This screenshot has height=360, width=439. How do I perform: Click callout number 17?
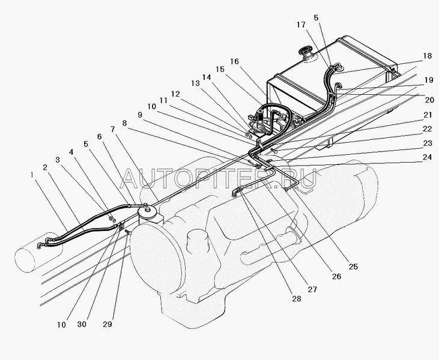click(x=301, y=25)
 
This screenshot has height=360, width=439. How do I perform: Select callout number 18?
click(x=427, y=56)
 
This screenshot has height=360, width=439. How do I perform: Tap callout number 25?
click(x=353, y=266)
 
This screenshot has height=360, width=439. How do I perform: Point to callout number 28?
click(x=296, y=299)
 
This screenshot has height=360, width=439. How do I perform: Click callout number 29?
click(x=107, y=324)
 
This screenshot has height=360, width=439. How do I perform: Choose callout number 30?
click(x=82, y=324)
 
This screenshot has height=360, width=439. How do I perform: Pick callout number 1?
click(x=32, y=175)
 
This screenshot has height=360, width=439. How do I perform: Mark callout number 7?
click(x=112, y=129)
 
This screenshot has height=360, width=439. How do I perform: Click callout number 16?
click(x=234, y=61)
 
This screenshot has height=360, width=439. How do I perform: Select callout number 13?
click(x=195, y=83)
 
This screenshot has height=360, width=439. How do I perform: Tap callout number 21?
click(x=428, y=115)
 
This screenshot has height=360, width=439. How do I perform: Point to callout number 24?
click(x=427, y=157)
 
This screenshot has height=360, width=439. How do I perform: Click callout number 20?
click(x=429, y=100)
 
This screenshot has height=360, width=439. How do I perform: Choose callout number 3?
click(x=58, y=160)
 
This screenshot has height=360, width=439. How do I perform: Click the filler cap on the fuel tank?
click(x=306, y=52)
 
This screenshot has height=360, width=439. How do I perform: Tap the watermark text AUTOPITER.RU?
click(x=219, y=178)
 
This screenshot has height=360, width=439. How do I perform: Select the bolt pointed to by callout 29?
click(x=129, y=232)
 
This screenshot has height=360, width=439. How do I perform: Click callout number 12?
click(x=175, y=94)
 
